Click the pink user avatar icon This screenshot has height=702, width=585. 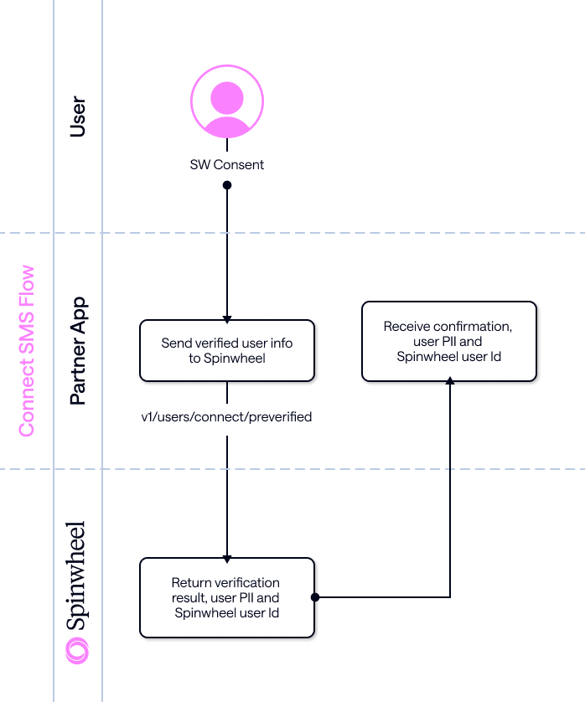click(x=226, y=103)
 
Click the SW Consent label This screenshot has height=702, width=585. click(x=226, y=165)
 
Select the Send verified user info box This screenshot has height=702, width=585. click(x=226, y=350)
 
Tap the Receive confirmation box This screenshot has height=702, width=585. click(x=448, y=342)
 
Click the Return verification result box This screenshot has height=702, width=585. click(x=226, y=597)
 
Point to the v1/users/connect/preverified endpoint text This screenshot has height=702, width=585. click(x=226, y=416)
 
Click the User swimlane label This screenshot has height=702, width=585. click(x=78, y=116)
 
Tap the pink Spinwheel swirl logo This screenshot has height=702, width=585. click(x=77, y=650)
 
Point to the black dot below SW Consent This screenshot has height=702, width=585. click(x=226, y=184)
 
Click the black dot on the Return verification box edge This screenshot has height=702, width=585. click(x=315, y=597)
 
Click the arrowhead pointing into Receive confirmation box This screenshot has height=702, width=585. click(x=450, y=381)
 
